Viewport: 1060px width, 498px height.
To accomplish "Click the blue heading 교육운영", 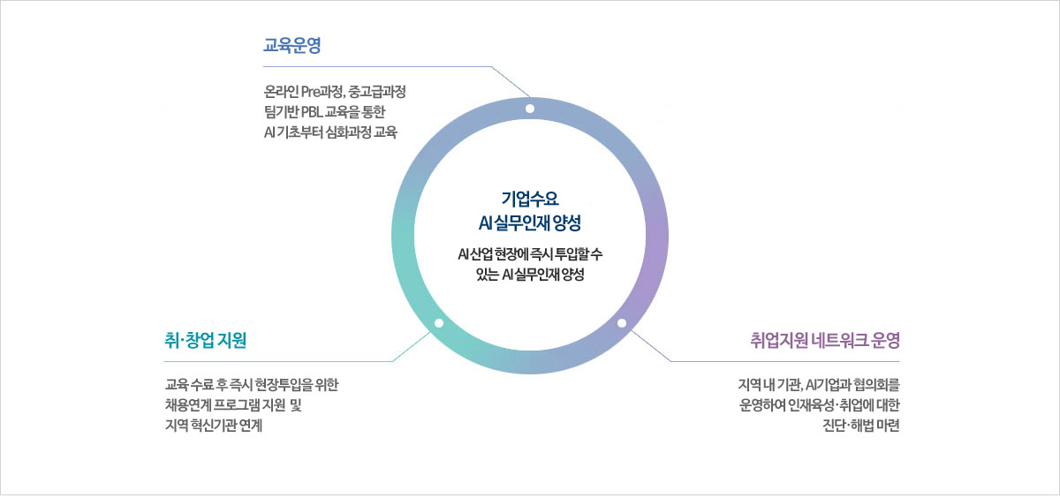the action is pyautogui.click(x=292, y=45).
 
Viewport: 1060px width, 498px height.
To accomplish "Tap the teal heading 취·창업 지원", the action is pyautogui.click(x=205, y=341).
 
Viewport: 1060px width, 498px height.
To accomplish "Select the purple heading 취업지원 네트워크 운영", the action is pyautogui.click(x=825, y=341).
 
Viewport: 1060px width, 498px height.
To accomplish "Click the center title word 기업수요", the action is pyautogui.click(x=530, y=199).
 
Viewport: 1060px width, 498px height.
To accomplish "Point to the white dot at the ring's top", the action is pyautogui.click(x=530, y=109).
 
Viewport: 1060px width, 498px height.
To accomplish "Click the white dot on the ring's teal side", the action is pyautogui.click(x=439, y=323).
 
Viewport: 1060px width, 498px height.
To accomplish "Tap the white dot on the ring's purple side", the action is pyautogui.click(x=622, y=323).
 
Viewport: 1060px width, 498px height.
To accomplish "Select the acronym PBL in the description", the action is pyautogui.click(x=311, y=112).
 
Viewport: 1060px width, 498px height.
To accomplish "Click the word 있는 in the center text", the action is pyautogui.click(x=488, y=275).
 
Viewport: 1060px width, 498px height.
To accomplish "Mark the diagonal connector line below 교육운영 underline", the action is pyautogui.click(x=511, y=81).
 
